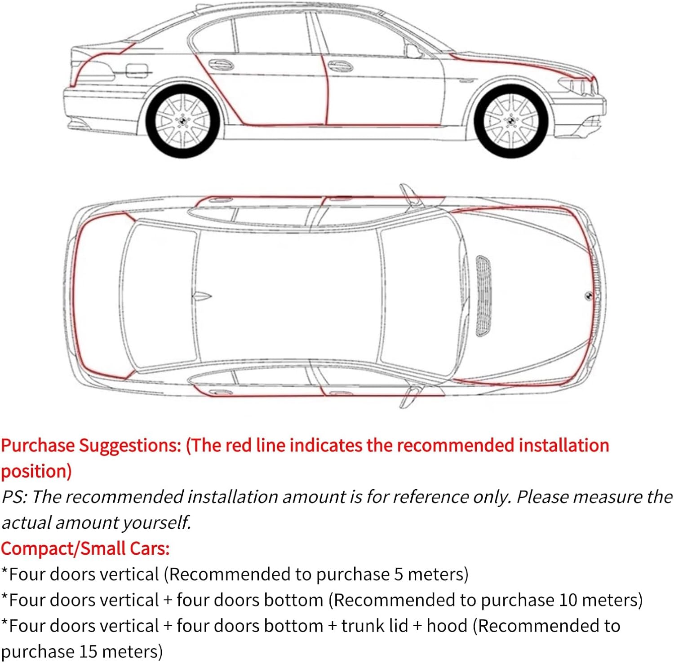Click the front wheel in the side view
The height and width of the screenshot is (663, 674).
pos(511,120)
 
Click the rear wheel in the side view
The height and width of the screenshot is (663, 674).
pos(182,120)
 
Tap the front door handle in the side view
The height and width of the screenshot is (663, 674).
pos(340,66)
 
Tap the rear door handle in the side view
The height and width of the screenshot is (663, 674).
pos(221,65)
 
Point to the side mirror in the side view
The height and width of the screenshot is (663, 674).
pos(413,50)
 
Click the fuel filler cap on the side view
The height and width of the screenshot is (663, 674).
pos(136,71)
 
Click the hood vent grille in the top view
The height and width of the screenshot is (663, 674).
pos(483,296)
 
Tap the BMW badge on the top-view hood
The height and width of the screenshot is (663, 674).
pos(588,296)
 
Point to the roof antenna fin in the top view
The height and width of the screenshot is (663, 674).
pos(202,296)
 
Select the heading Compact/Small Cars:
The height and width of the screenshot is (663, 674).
pos(85,548)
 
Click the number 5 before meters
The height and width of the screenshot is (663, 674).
pos(399,575)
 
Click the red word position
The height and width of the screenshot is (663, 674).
pos(36,472)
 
